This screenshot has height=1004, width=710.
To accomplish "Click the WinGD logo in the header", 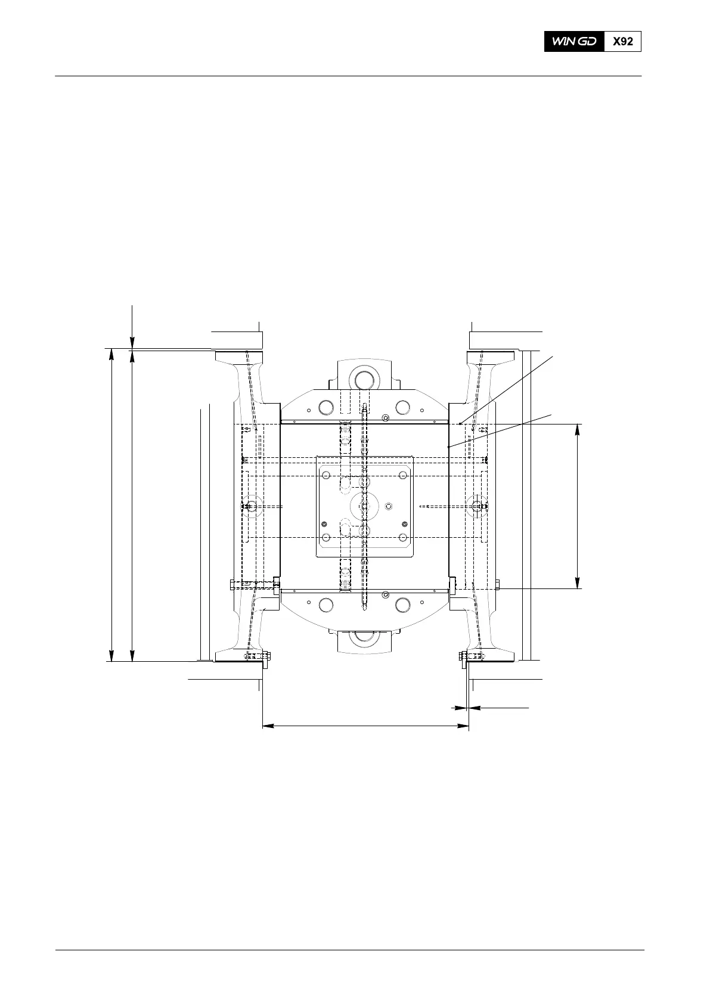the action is pyautogui.click(x=574, y=42).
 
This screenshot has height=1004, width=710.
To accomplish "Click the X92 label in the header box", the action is pyautogui.click(x=623, y=42).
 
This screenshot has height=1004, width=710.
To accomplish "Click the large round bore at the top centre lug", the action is pyautogui.click(x=364, y=380).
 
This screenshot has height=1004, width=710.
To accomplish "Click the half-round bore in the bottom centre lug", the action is pyautogui.click(x=364, y=636).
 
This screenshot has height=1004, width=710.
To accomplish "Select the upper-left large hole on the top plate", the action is pyautogui.click(x=326, y=407).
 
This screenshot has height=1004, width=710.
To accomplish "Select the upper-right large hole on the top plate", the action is pyautogui.click(x=402, y=407).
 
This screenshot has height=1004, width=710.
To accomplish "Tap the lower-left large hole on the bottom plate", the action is pyautogui.click(x=326, y=605).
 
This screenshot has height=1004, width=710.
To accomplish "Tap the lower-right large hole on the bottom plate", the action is pyautogui.click(x=402, y=605).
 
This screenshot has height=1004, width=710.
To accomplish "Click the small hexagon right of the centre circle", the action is pyautogui.click(x=389, y=507).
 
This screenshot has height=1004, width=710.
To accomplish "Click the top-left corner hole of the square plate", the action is pyautogui.click(x=326, y=475).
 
